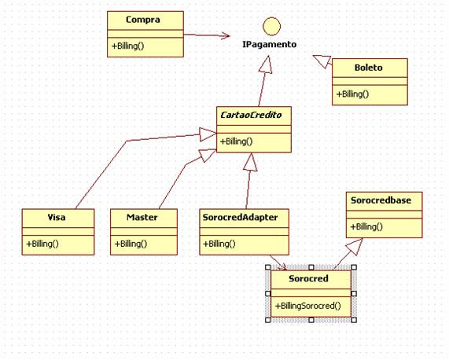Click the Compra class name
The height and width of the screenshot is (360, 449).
pos(143,20)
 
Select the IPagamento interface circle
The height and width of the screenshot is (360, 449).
pos(271,26)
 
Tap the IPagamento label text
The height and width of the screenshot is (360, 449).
pos(270,45)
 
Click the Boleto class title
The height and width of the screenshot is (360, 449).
pos(369,68)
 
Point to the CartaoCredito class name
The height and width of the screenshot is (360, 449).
pos(251,115)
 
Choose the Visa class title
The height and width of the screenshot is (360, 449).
pos(57,218)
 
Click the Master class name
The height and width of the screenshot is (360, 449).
pos(142,218)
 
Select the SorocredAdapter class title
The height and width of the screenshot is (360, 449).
pos(240,218)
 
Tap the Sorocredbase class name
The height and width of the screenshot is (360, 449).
pos(381,200)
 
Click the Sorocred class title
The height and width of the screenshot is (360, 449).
pos(308,279)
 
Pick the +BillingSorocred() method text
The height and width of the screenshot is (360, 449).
pos(307,306)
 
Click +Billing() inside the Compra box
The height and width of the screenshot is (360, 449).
pos(127,46)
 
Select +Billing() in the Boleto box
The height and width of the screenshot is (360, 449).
pos(352,94)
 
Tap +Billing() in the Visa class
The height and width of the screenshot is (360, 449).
pos(42,244)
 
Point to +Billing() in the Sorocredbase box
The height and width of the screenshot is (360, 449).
pos(366,227)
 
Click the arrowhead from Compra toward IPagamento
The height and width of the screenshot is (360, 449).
pos(225,36)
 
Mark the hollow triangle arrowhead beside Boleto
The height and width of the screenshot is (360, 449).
pos(322,61)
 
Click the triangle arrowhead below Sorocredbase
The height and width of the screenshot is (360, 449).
pos(355,246)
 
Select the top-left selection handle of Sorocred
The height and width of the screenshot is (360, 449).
pos(267,267)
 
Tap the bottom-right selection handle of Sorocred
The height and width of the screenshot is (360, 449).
pos(354,320)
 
